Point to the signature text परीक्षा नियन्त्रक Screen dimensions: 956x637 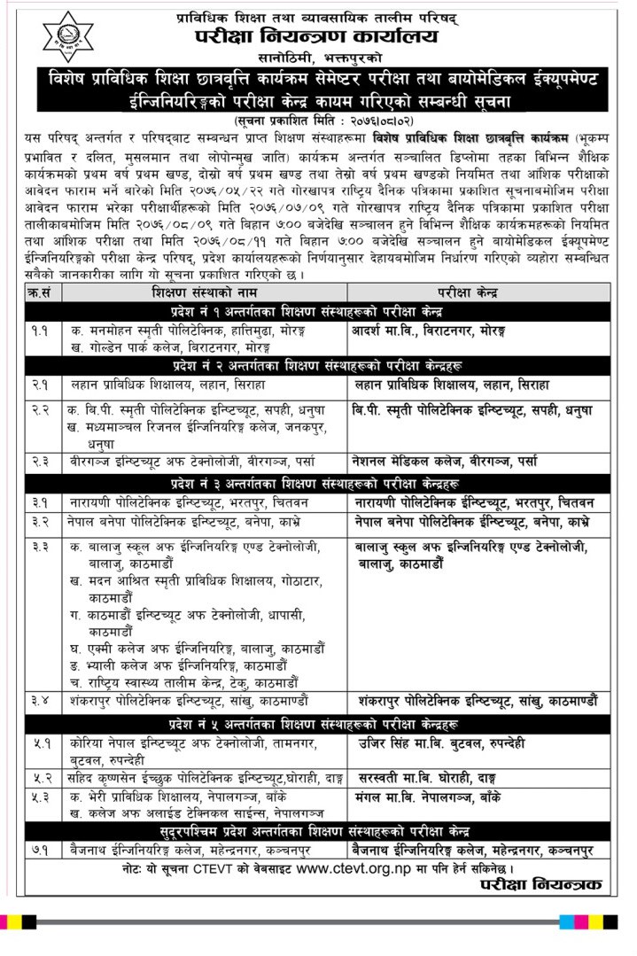pos(540,884)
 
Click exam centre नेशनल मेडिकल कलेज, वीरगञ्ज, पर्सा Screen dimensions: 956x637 pos(443,462)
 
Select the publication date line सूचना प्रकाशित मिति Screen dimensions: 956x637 pos(317,119)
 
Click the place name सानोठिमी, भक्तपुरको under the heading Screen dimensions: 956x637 pos(317,57)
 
